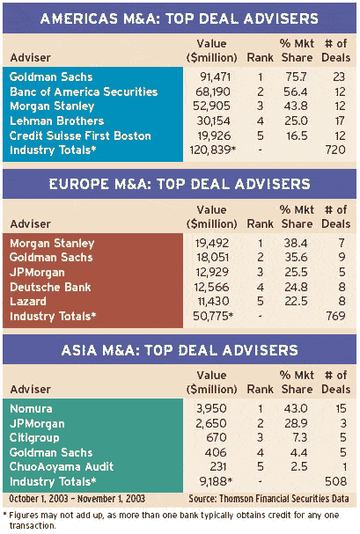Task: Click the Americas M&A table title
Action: pos(180,18)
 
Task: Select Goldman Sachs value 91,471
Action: pos(216,77)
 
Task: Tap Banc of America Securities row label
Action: pos(84,91)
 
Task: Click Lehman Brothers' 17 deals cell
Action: pos(340,121)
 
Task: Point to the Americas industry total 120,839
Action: pos(213,150)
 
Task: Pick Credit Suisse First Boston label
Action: pos(80,135)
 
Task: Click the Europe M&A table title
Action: pos(180,184)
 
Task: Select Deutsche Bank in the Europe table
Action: pos(50,287)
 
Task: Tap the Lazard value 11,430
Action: pos(214,302)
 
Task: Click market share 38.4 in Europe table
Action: pos(296,243)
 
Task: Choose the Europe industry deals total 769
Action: pos(335,316)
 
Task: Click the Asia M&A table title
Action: pos(180,350)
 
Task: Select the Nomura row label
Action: pos(31,408)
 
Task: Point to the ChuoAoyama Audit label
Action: pos(62,466)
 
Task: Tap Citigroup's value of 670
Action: pos(217,437)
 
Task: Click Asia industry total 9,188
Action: pos(216,481)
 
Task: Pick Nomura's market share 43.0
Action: pos(296,408)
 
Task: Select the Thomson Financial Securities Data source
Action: pos(268,499)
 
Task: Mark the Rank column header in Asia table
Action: pos(261,389)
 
